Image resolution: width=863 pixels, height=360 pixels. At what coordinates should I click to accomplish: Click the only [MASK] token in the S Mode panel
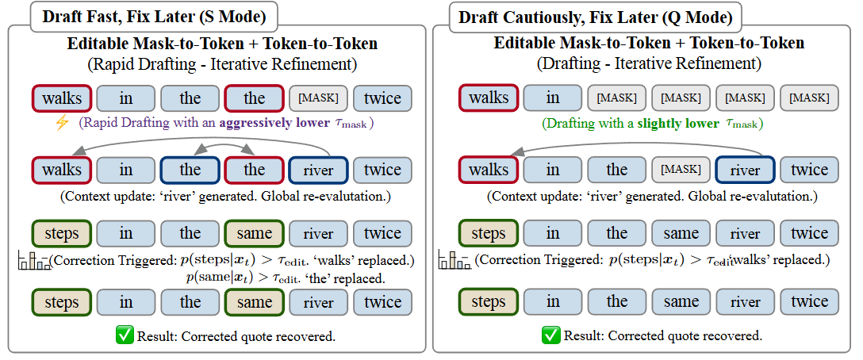click(318, 98)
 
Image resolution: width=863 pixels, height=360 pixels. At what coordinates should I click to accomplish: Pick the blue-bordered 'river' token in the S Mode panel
click(318, 170)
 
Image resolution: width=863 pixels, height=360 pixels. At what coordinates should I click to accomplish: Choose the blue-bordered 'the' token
click(190, 170)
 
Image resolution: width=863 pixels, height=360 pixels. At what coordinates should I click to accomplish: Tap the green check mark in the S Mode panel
click(125, 335)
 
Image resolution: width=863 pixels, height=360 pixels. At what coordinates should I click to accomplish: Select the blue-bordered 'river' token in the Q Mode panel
click(745, 170)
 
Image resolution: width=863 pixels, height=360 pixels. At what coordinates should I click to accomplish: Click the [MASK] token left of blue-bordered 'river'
click(681, 170)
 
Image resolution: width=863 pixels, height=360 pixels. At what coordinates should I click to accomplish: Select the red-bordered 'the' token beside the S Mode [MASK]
click(254, 98)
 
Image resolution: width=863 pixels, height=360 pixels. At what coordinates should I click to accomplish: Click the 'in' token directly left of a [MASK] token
click(553, 98)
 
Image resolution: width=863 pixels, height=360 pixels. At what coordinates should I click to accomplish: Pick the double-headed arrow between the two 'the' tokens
click(222, 148)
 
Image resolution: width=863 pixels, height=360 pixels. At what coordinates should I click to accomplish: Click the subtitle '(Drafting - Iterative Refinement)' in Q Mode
click(648, 63)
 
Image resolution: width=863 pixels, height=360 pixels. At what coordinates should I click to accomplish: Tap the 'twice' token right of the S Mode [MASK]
click(382, 98)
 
